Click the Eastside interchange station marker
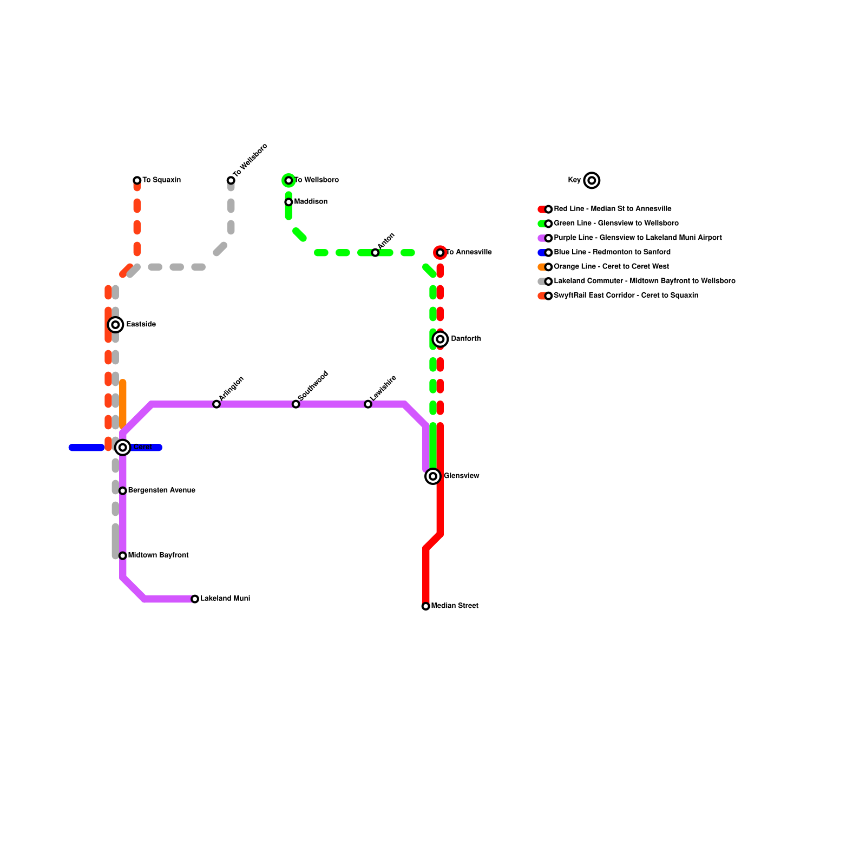click(115, 325)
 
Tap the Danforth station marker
click(441, 339)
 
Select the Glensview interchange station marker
click(433, 476)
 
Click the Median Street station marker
click(426, 606)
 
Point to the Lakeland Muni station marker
click(195, 599)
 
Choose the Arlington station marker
click(216, 404)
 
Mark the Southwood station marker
click(296, 404)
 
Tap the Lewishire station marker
click(368, 404)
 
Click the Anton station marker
click(375, 253)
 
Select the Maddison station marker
click(288, 202)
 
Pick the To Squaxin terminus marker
click(137, 180)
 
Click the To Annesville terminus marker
click(441, 253)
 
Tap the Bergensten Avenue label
click(162, 490)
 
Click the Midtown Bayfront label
click(159, 555)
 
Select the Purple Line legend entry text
click(638, 238)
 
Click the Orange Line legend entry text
click(611, 267)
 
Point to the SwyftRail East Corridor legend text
click(626, 296)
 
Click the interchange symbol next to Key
click(592, 180)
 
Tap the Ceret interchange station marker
click(123, 448)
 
